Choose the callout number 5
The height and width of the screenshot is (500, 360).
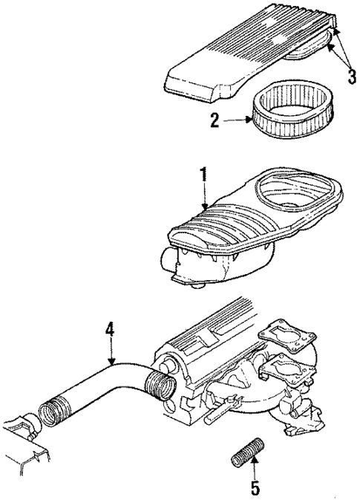coord(255,489)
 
